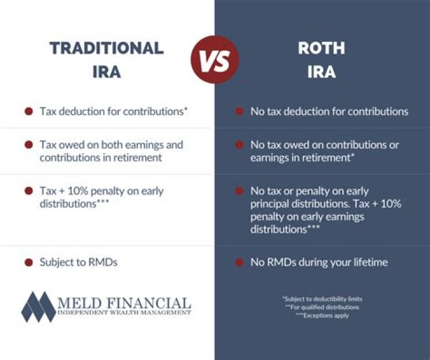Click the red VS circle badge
click(214, 60)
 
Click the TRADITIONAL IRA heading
click(106, 60)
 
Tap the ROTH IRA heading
click(321, 60)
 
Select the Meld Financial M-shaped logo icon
click(38, 307)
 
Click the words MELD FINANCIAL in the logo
click(124, 303)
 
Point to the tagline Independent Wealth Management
click(124, 312)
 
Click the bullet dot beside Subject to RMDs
click(28, 263)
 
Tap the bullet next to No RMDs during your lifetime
click(239, 263)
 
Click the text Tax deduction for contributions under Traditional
click(114, 111)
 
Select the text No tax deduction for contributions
click(329, 111)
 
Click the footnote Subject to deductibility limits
click(322, 299)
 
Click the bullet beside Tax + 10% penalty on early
click(28, 191)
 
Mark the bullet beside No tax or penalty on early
click(239, 191)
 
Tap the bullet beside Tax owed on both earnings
click(28, 145)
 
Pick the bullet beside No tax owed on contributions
click(239, 145)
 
